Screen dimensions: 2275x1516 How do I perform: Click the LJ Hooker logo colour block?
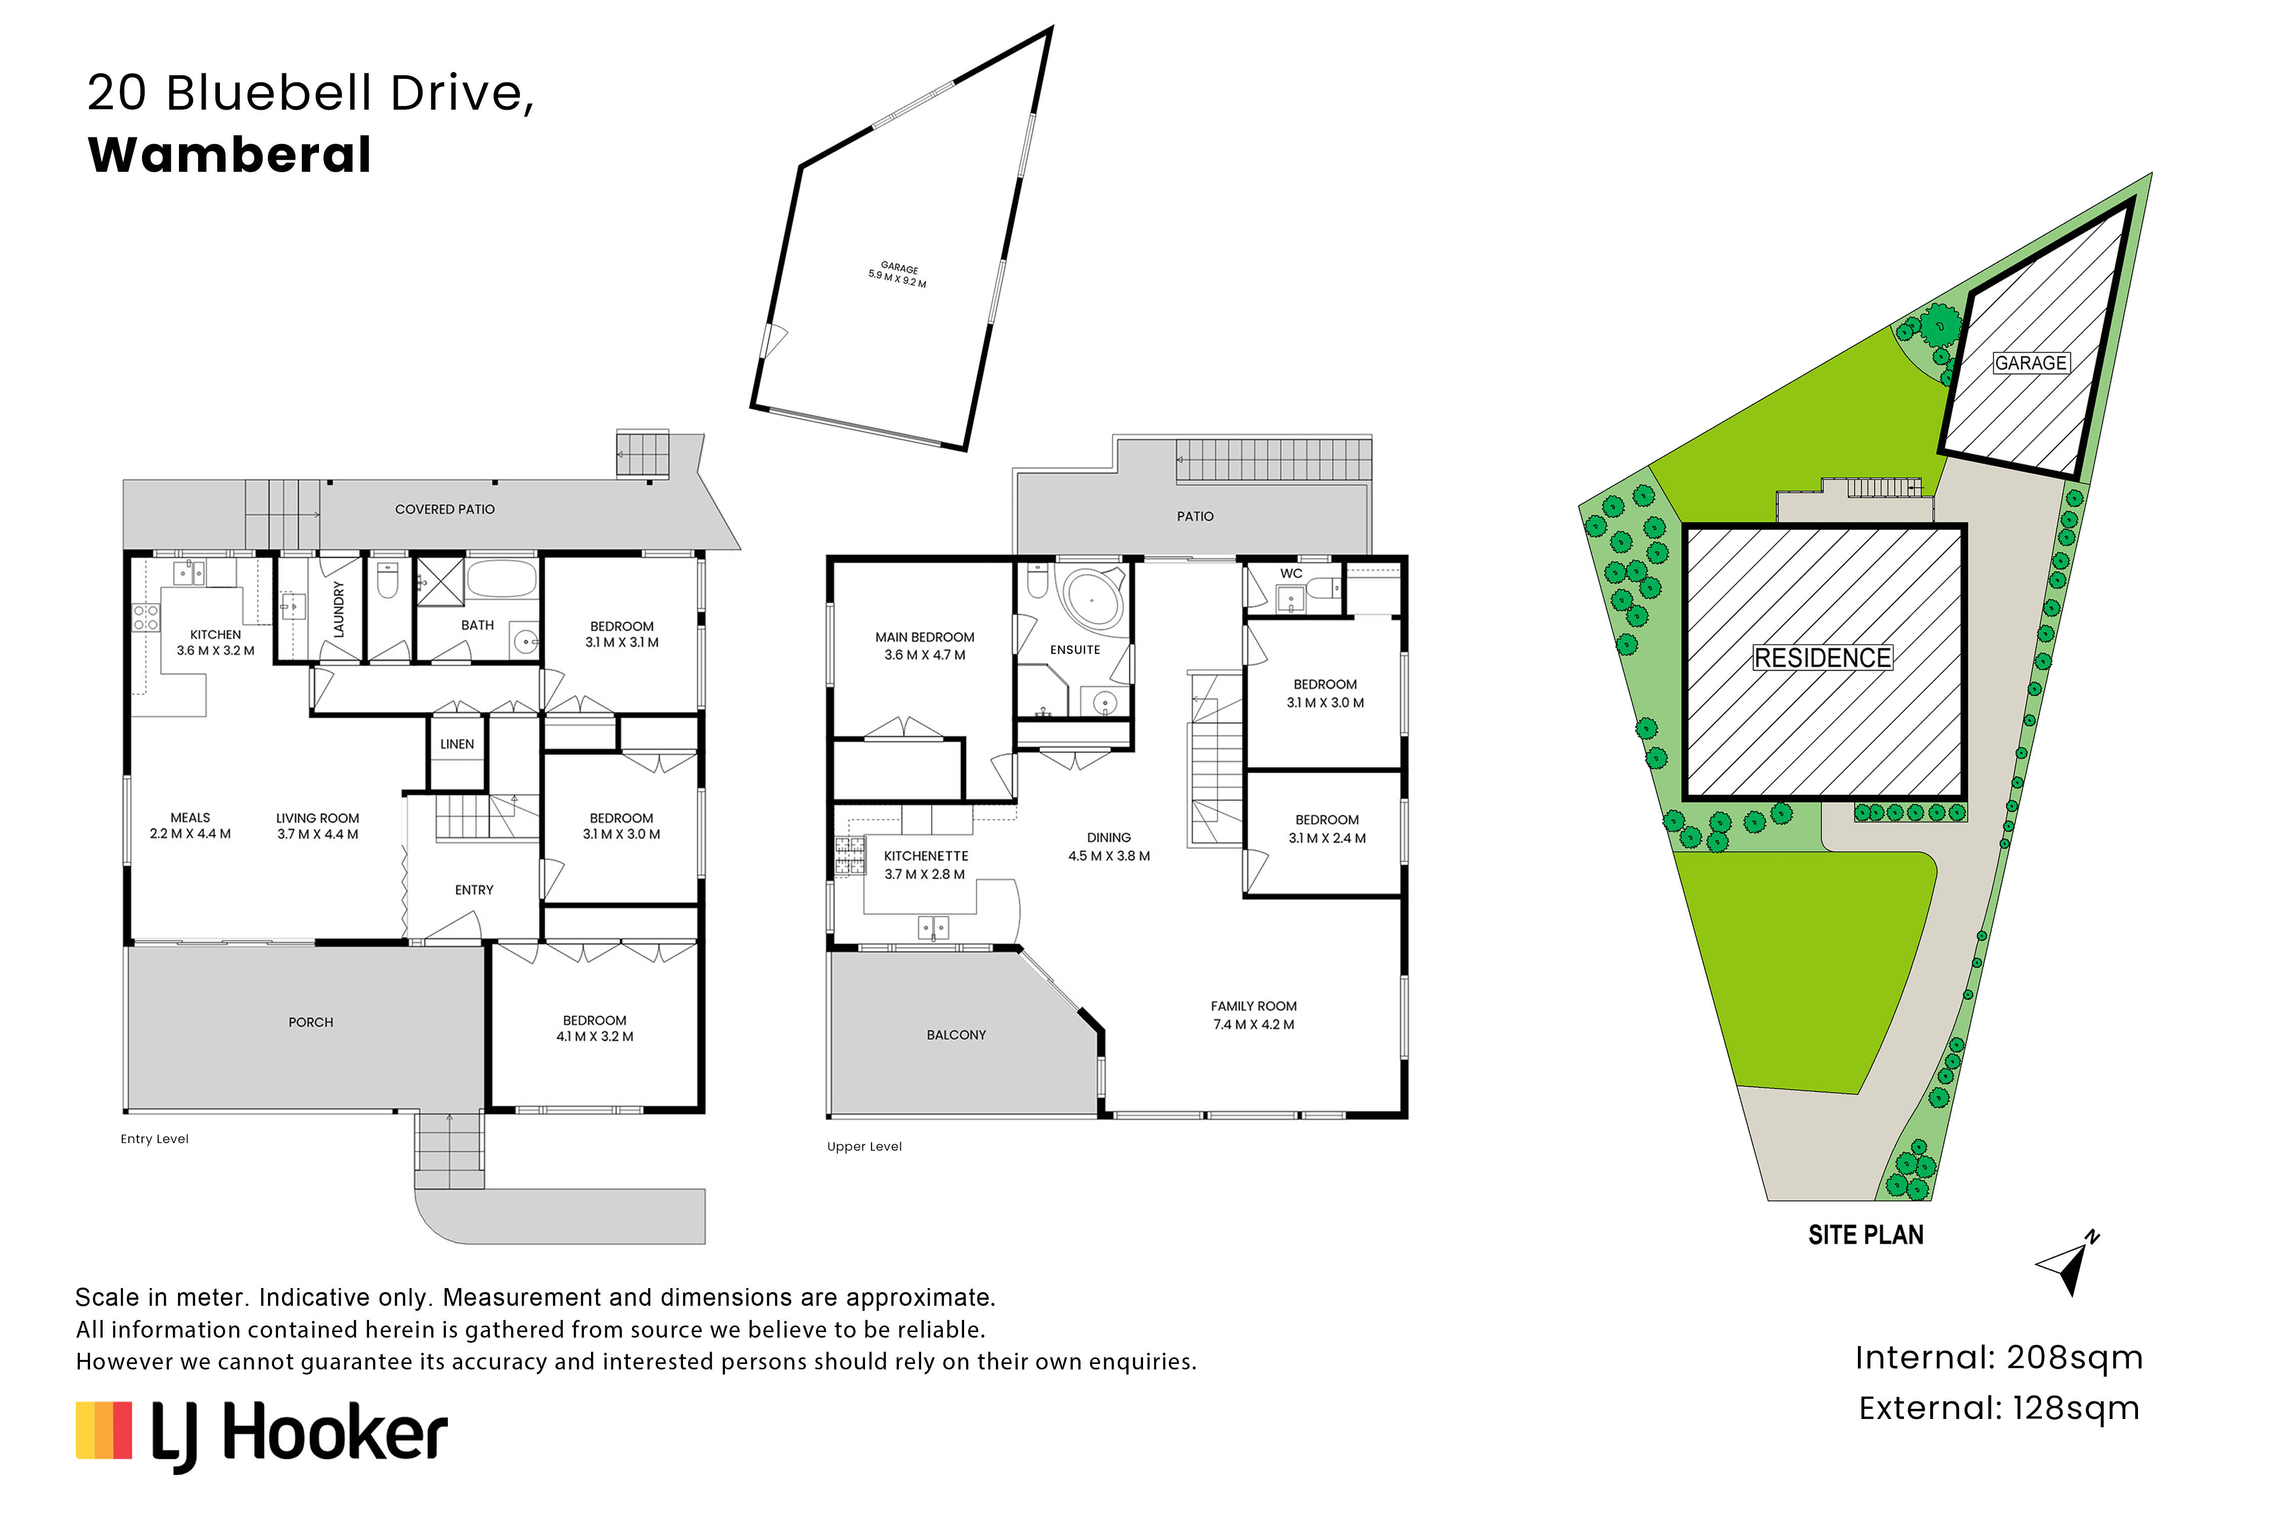point(104,1430)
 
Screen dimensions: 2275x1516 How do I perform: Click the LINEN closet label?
point(458,744)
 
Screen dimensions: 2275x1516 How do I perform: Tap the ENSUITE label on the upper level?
point(1075,650)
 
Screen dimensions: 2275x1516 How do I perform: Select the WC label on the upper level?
point(1291,574)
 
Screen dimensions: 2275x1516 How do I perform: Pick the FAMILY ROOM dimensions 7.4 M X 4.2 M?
point(1254,1025)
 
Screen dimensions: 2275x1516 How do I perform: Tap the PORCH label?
point(310,1022)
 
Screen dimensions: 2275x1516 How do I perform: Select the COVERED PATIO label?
point(445,509)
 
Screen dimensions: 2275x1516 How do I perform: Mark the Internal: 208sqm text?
point(1998,1358)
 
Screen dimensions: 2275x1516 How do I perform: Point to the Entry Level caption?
point(155,1139)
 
